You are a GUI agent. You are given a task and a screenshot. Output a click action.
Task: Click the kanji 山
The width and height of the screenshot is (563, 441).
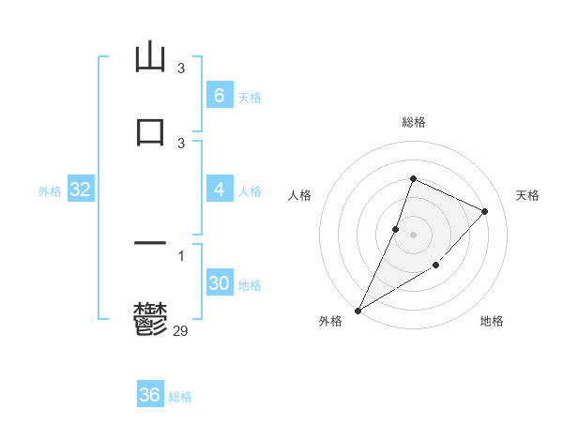click(x=150, y=57)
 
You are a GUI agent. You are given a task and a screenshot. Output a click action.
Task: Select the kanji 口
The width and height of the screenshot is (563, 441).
click(x=150, y=129)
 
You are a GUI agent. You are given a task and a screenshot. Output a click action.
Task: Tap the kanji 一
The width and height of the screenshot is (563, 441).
click(x=150, y=244)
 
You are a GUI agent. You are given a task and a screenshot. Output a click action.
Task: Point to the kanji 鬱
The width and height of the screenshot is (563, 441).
click(x=150, y=319)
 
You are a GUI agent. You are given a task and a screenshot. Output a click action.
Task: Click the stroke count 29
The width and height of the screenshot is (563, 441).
click(x=181, y=329)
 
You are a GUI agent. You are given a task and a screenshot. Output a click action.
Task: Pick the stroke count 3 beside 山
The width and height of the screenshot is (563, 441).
click(x=181, y=68)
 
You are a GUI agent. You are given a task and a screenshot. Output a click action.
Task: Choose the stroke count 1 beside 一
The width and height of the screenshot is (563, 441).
click(x=181, y=256)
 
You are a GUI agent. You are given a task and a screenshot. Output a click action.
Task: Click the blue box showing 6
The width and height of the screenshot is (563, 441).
click(x=219, y=96)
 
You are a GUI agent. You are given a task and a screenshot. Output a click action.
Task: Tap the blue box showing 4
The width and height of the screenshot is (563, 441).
click(x=219, y=190)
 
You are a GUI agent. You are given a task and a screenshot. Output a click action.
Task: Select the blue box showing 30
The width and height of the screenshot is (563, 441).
click(x=219, y=283)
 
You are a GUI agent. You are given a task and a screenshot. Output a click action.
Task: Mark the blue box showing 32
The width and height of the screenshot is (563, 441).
click(x=80, y=190)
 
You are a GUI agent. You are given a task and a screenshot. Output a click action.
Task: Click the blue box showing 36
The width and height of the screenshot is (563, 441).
click(x=149, y=395)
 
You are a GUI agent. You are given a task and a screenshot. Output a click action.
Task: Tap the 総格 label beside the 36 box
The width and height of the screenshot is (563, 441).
click(x=180, y=397)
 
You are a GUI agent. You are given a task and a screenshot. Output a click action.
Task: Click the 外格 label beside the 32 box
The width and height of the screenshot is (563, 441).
click(x=50, y=191)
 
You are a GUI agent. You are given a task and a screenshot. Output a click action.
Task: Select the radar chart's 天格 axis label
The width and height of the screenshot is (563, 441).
click(x=527, y=195)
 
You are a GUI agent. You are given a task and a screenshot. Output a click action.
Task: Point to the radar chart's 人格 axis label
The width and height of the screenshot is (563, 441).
click(x=299, y=195)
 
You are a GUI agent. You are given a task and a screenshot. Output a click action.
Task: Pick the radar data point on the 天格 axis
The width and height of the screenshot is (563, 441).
click(x=485, y=211)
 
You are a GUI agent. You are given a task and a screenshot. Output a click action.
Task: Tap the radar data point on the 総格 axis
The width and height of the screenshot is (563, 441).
click(x=413, y=178)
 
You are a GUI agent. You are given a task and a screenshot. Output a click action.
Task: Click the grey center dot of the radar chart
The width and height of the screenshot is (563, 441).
click(x=413, y=235)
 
